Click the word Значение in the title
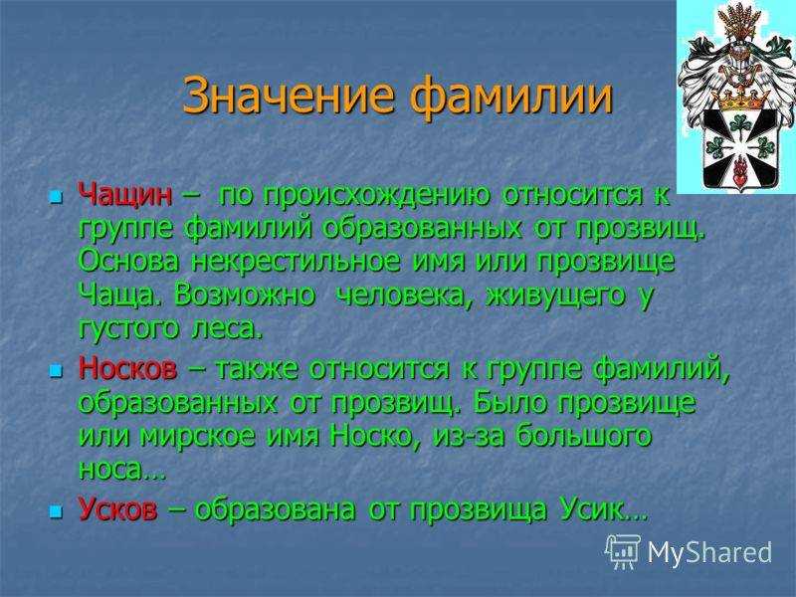[x=289, y=96]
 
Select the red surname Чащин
[x=125, y=195]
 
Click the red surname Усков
[x=117, y=508]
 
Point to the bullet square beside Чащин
[x=56, y=196]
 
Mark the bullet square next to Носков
[x=56, y=370]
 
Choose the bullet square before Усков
[x=56, y=510]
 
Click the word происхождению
[x=354, y=196]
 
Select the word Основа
[x=129, y=262]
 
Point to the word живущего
[x=555, y=296]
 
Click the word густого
[x=129, y=330]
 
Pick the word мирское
[x=198, y=437]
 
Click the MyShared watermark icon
[x=623, y=551]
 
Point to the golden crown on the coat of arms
[x=739, y=99]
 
